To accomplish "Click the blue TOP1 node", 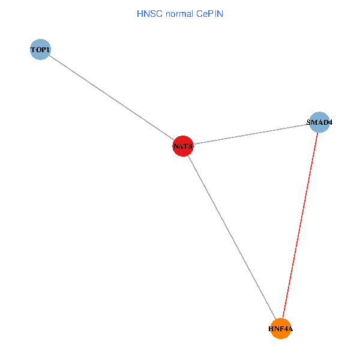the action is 40,49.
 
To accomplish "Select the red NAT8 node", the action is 182,146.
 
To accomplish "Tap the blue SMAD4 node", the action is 319,122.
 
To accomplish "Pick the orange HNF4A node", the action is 280,329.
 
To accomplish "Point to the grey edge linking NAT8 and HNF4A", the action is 231,237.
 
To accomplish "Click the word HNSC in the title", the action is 149,13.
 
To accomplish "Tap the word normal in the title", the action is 179,13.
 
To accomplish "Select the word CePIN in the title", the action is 209,13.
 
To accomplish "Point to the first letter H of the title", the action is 140,13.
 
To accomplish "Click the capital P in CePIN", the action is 212,13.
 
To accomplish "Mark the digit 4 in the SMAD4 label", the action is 329,122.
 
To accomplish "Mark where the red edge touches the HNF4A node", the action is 283,319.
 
